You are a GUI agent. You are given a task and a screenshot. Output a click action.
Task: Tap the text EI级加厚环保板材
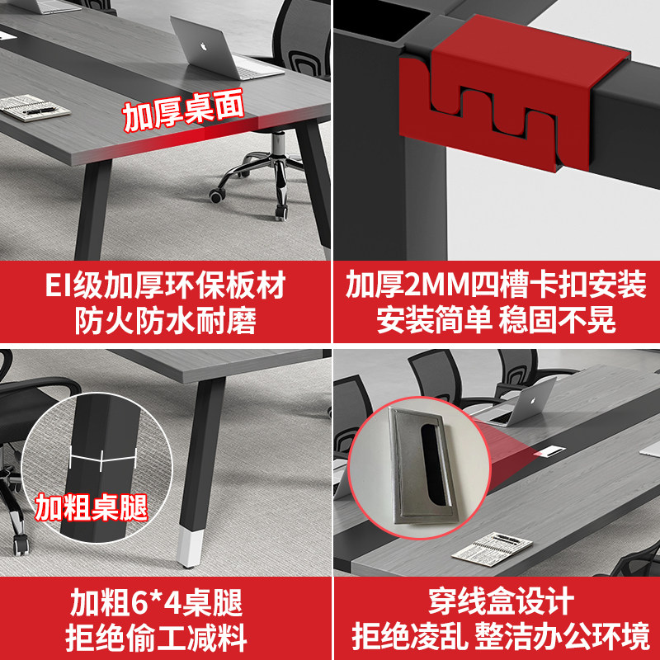[165, 286]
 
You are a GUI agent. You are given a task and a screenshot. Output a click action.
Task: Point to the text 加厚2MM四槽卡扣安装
[495, 286]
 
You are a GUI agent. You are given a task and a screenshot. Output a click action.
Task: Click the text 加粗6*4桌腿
[165, 605]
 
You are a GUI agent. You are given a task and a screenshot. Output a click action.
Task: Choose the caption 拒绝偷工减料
[165, 638]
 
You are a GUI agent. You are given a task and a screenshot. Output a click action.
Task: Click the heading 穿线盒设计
[495, 605]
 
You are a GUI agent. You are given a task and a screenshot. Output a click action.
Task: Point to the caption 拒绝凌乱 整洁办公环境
[495, 638]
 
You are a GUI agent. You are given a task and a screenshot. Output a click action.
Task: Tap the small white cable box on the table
[548, 452]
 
